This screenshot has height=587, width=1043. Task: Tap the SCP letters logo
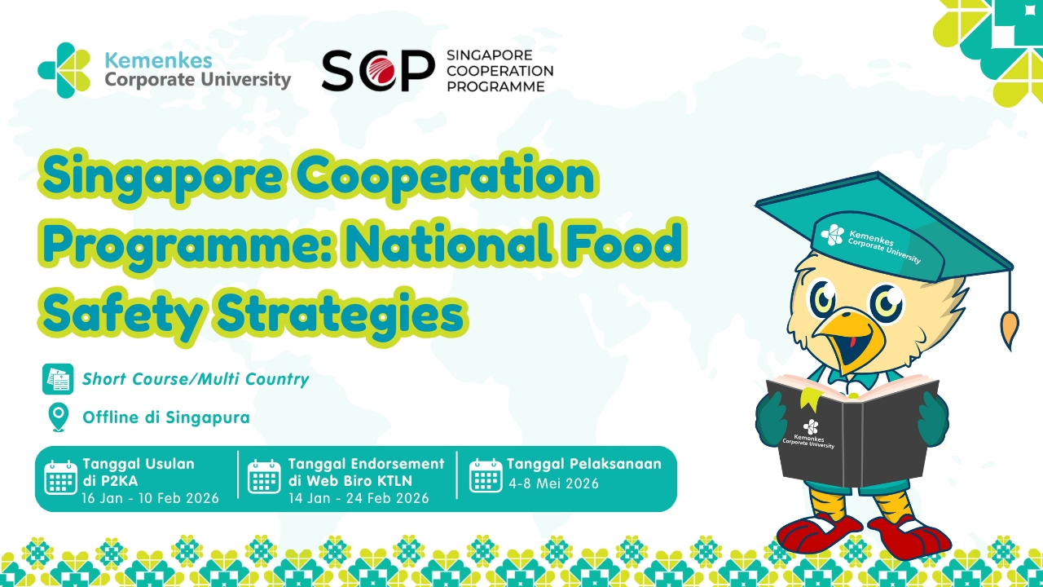tap(377, 71)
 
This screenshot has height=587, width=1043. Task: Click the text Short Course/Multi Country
tap(196, 379)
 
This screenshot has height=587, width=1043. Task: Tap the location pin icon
tap(58, 417)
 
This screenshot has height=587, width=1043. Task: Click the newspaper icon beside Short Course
tap(58, 379)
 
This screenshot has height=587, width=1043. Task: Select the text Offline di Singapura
tap(165, 417)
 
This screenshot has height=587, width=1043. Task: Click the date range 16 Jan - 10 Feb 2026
tap(150, 498)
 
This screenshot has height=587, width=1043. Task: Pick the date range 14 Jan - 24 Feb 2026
tap(359, 498)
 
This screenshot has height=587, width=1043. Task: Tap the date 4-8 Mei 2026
tap(553, 483)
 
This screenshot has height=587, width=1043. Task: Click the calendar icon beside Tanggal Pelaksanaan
tap(486, 475)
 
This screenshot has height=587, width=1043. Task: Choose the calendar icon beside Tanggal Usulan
tap(61, 478)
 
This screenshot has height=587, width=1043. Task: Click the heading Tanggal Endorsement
tap(366, 464)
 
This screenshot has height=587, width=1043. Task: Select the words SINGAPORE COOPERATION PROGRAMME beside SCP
tap(499, 70)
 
